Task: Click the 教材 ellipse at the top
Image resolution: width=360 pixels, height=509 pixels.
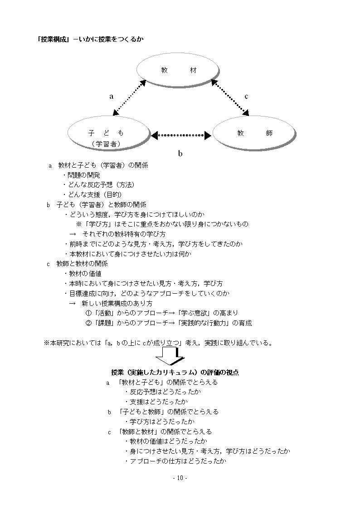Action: point(178,70)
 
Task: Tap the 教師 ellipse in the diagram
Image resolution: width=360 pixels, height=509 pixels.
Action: point(254,133)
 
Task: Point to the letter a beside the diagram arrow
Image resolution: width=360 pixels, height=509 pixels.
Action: point(112,97)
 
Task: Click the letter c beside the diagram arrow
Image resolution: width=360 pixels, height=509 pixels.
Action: point(246,97)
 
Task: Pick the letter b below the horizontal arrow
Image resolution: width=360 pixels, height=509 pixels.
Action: point(180,153)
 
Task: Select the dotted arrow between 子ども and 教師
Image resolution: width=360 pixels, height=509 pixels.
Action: point(181,135)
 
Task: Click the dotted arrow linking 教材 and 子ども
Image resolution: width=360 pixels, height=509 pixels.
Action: point(129,98)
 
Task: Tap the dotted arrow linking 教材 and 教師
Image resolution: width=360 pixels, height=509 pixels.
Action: point(230,97)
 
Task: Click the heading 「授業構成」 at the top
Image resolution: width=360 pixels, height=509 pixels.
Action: point(54,39)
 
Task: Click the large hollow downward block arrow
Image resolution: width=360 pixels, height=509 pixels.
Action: point(170,356)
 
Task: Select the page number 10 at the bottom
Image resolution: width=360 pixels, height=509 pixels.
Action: point(180,478)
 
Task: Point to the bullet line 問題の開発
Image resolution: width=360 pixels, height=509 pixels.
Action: point(82,175)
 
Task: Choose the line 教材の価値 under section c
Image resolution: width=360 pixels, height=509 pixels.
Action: point(83,274)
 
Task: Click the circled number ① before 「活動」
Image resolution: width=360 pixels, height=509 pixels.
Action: point(88,313)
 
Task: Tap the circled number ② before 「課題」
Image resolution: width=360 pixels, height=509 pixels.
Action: point(88,323)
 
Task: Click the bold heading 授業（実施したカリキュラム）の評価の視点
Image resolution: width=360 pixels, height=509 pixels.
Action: point(175,372)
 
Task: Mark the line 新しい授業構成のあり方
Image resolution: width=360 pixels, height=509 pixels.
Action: point(117,304)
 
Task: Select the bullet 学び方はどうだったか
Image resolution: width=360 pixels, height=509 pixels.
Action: point(160,422)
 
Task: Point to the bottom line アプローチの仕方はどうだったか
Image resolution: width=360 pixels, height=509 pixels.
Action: point(175,461)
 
